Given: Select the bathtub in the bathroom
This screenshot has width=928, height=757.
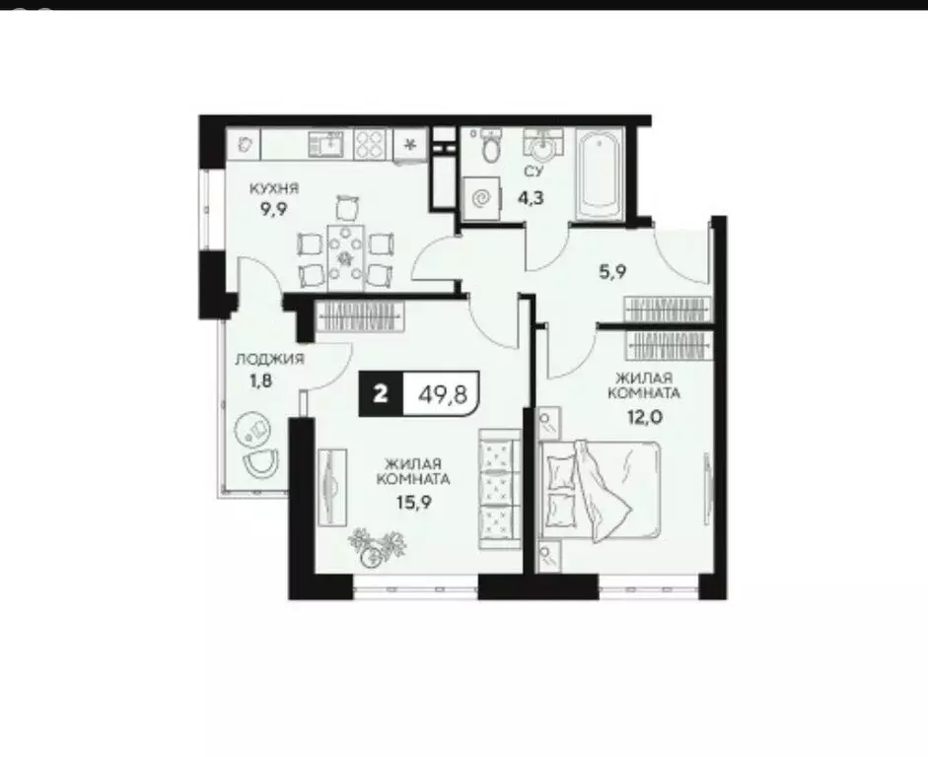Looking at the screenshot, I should tap(600, 176).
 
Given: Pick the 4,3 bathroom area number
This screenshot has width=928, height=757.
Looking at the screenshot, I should tap(535, 196).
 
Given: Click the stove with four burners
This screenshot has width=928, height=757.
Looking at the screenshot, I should tap(369, 145).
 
